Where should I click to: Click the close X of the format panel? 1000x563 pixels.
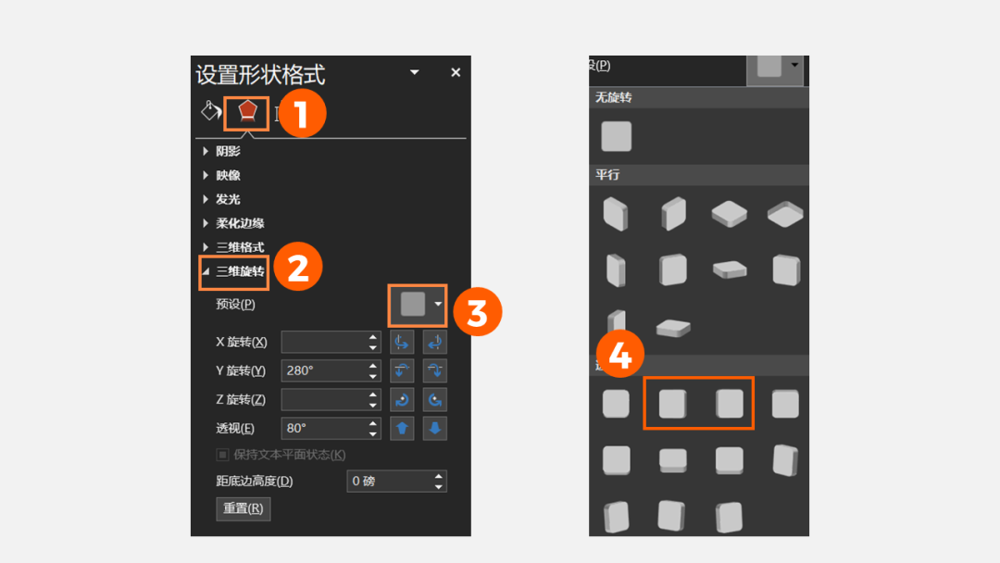pos(456,72)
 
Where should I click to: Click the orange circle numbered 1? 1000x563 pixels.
pos(301,114)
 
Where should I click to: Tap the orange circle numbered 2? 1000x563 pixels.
pos(298,267)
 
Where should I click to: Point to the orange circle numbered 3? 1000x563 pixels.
pos(477,312)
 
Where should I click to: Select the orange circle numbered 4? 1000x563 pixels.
pos(619,354)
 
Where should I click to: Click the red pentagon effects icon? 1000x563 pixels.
pos(247,111)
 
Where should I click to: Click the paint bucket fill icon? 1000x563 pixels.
pos(210,111)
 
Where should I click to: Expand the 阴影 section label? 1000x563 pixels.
pos(228,151)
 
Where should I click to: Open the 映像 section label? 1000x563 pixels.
pos(228,175)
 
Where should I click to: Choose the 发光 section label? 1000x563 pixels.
pos(228,200)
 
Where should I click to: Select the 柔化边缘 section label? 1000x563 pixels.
pos(240,223)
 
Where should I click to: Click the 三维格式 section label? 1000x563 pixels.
pos(240,247)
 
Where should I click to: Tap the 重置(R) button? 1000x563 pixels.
pos(243,508)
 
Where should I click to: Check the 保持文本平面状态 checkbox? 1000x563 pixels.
pos(222,455)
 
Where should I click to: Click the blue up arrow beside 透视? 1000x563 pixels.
pos(402,429)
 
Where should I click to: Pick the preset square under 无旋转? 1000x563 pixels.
pos(616,136)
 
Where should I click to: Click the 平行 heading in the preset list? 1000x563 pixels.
pos(607,175)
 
